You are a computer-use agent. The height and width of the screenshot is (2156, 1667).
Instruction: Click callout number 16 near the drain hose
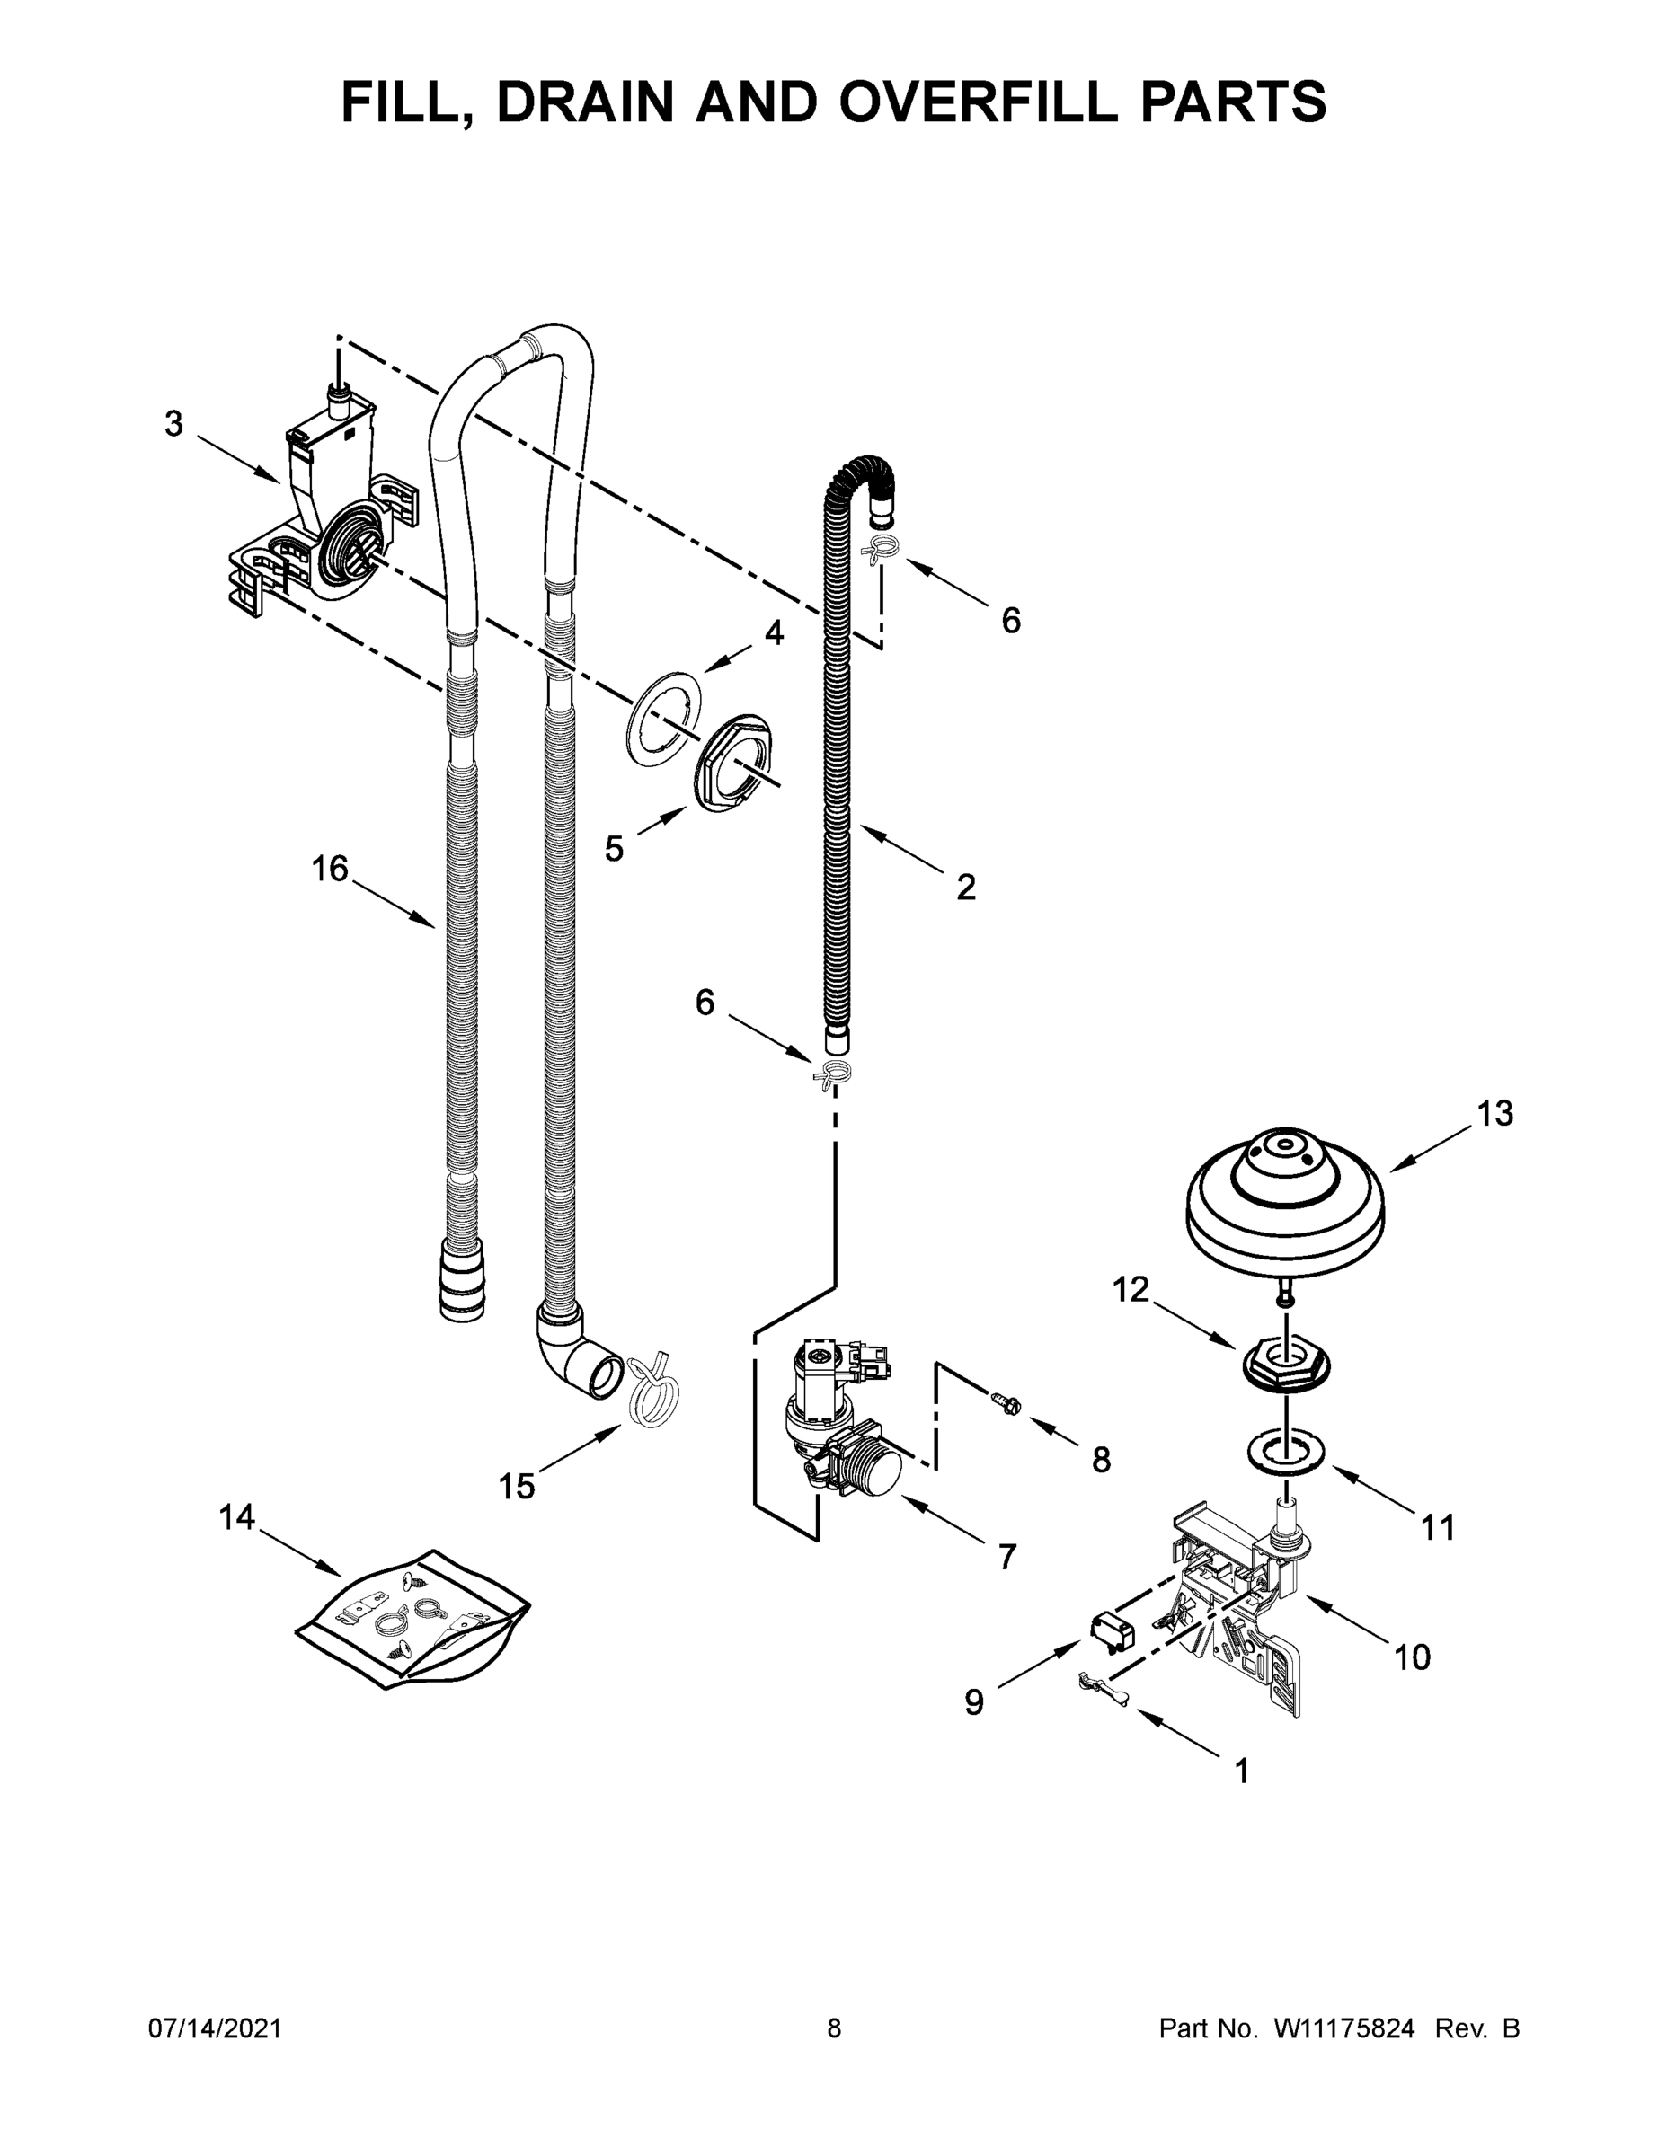click(x=330, y=869)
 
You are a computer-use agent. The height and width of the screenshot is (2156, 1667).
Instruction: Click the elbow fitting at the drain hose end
click(x=578, y=1350)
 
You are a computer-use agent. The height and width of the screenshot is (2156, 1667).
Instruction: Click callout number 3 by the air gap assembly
click(x=173, y=425)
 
